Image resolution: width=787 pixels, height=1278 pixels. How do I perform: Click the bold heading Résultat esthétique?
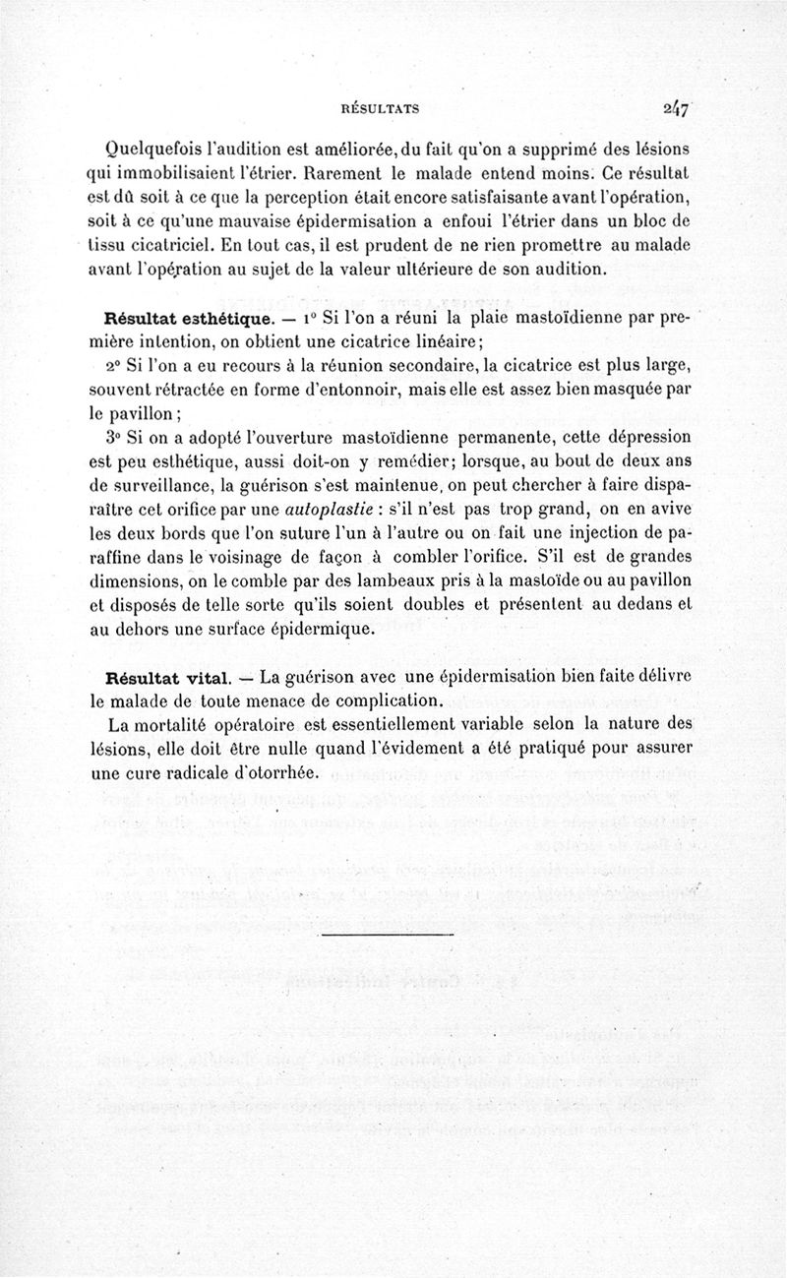[182, 319]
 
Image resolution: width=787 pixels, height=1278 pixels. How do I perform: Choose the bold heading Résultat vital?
[167, 678]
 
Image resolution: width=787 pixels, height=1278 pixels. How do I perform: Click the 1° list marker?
[311, 318]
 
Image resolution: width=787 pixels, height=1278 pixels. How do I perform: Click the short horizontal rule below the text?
[386, 932]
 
